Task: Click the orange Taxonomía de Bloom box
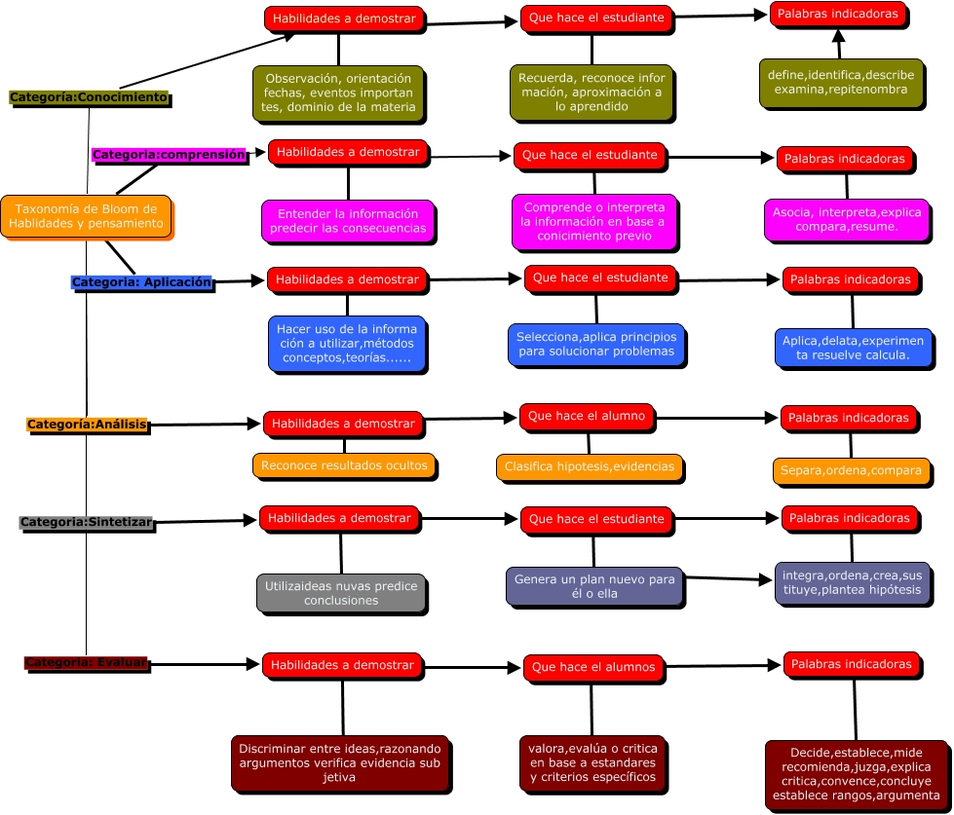coord(86,216)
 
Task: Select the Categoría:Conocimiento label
coord(89,97)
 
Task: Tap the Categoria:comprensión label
coord(169,154)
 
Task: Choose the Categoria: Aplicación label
coord(141,281)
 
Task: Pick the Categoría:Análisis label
coord(87,425)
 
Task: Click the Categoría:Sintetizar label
coord(87,522)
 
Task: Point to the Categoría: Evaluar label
coord(86,663)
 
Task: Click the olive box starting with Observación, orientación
coord(339,93)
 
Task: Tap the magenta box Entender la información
coord(347,221)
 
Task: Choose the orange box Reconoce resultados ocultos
coord(344,465)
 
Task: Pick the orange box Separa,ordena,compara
coord(850,470)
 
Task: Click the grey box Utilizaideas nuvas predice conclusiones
coord(341,593)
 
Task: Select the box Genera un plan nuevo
coord(593,586)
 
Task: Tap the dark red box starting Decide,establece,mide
coord(856,774)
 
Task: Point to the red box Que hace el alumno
coord(586,417)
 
